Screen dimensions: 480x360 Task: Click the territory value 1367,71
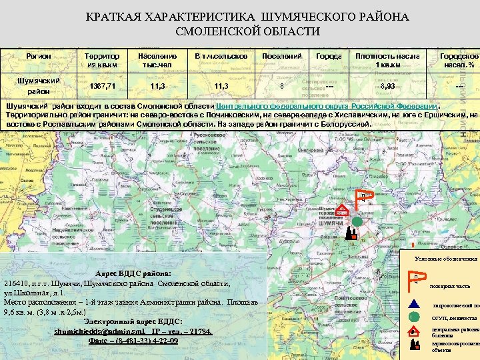[x=101, y=86]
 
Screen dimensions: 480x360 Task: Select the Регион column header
[x=39, y=57]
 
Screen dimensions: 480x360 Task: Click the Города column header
[x=328, y=57]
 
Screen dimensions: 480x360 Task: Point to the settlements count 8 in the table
[x=281, y=86]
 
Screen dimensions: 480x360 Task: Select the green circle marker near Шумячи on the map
[x=357, y=221]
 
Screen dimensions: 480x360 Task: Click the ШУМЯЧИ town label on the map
[x=331, y=225]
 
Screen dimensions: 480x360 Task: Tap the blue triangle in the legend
[x=413, y=304]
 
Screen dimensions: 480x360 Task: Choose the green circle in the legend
[x=413, y=317]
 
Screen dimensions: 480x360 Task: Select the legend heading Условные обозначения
[x=446, y=258]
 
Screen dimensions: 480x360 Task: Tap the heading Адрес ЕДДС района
[x=133, y=273]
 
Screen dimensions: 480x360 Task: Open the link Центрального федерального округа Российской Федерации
[x=327, y=106]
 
